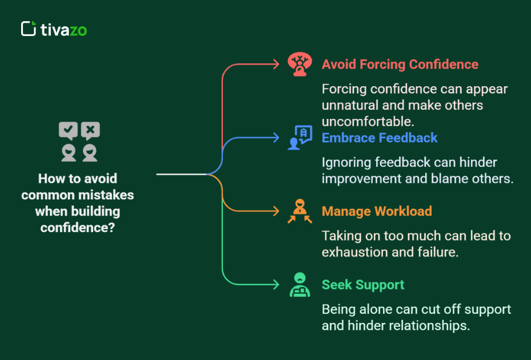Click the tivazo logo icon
click(x=29, y=29)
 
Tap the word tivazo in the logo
click(x=63, y=30)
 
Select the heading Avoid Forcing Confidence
click(x=400, y=64)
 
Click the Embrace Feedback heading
click(x=379, y=138)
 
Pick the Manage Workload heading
click(x=377, y=211)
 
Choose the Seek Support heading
click(x=363, y=285)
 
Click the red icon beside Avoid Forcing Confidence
click(x=300, y=64)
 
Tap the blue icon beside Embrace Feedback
click(x=300, y=138)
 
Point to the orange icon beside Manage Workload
click(x=300, y=211)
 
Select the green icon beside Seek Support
click(x=300, y=285)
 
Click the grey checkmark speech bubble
click(x=68, y=131)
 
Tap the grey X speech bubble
click(x=90, y=131)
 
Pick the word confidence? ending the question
click(x=78, y=227)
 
